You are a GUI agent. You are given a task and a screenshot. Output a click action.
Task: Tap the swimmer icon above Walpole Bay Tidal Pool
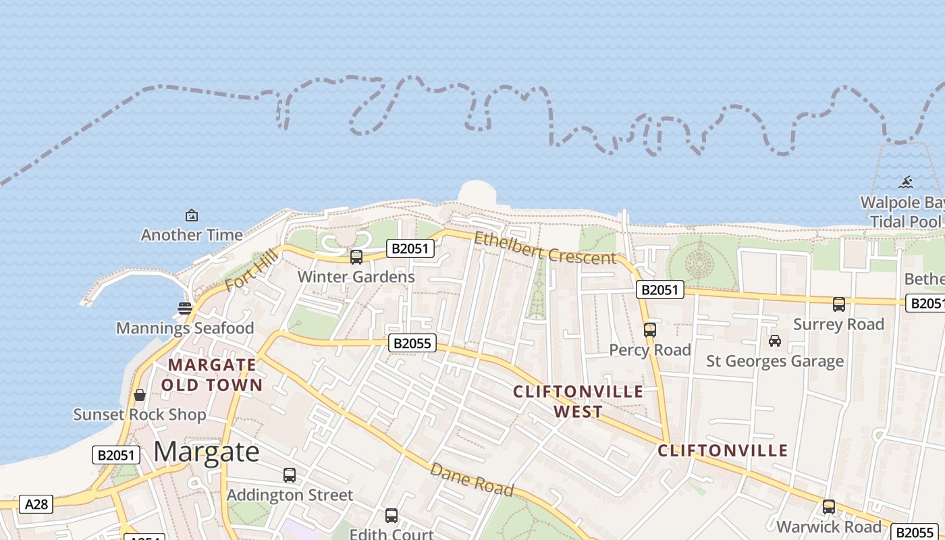coord(906,182)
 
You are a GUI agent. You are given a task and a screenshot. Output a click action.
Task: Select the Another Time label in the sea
coord(192,235)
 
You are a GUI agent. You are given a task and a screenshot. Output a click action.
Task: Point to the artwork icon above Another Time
coord(192,215)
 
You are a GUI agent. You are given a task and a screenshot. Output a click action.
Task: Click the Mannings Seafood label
coord(185,328)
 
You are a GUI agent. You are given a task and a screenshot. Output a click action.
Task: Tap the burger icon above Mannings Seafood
coord(185,308)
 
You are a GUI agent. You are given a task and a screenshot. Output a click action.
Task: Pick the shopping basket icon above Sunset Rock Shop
coord(140,395)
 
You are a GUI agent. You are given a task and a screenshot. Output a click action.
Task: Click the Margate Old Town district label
coord(212,375)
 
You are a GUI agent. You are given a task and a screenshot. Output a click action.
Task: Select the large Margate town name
coord(207,452)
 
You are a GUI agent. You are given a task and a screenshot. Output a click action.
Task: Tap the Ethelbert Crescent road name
coord(545,248)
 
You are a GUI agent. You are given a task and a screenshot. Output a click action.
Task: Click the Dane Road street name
coord(472,479)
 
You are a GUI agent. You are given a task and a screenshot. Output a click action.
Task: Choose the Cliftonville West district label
coord(578,402)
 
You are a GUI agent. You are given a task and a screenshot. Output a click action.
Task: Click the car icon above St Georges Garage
coord(775,341)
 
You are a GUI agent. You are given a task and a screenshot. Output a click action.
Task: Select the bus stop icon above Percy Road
coord(650,330)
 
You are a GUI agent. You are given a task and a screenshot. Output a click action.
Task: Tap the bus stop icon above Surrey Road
coord(839,304)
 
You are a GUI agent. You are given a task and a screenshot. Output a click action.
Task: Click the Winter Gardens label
coord(356,277)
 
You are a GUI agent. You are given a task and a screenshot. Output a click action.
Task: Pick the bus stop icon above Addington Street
coord(290,475)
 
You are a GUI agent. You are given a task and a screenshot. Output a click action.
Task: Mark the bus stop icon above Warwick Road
coord(829,507)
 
